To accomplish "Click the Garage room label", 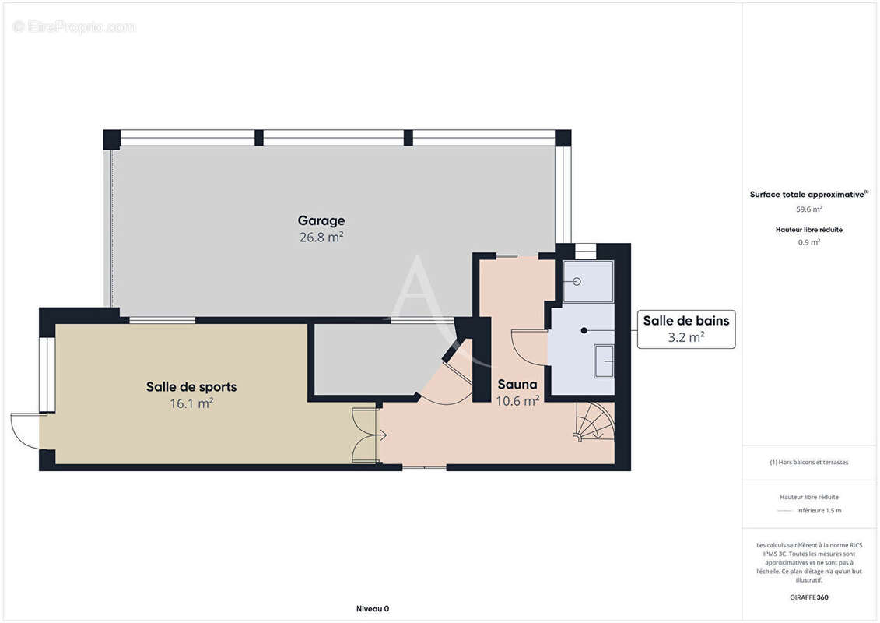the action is [321, 220].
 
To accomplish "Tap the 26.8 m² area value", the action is [321, 237].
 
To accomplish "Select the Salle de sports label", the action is [191, 386].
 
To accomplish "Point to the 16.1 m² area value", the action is [191, 403].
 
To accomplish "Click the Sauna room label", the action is [517, 384].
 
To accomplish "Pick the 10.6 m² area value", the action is [517, 400].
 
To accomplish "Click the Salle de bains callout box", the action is [685, 329].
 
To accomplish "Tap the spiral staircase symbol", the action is [594, 421].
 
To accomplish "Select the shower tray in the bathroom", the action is [587, 281].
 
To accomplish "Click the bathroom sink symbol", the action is [604, 361].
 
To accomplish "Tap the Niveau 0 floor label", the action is [373, 608].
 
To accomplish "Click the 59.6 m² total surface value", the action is [808, 209].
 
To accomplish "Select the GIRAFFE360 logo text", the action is [808, 597].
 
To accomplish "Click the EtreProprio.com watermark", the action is [74, 26].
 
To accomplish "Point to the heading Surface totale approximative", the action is [808, 195].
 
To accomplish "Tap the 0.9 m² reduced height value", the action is [808, 242].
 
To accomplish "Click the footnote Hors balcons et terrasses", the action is [808, 463].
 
